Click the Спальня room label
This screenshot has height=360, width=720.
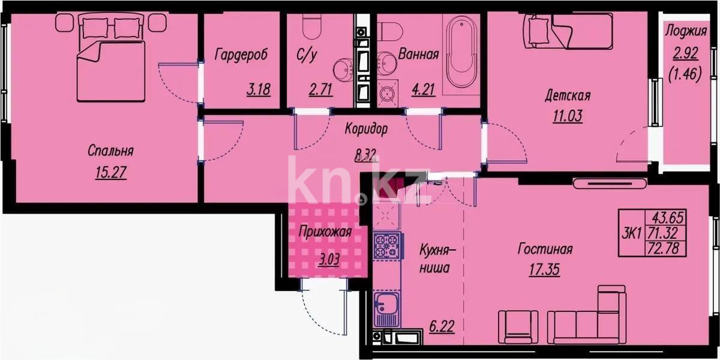click(110, 151)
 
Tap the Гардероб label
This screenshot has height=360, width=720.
click(241, 55)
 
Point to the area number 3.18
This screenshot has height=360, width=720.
click(259, 91)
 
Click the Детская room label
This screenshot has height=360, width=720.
click(568, 95)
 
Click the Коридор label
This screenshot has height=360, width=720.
click(366, 128)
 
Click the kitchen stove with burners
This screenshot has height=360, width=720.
click(387, 246)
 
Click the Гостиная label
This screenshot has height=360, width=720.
click(545, 249)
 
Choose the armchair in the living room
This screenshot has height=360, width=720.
click(518, 326)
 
